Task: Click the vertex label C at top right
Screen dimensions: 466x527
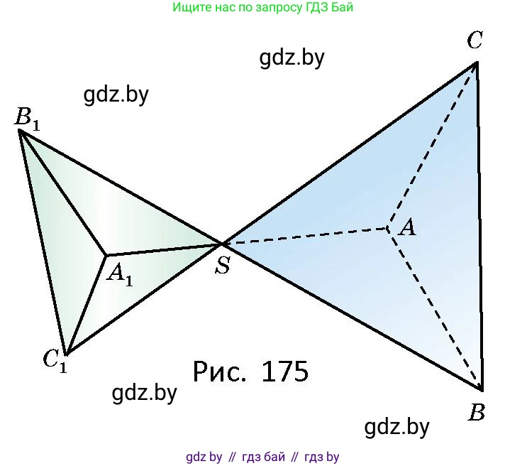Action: click(x=475, y=40)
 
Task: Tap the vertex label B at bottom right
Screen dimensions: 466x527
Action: click(x=477, y=412)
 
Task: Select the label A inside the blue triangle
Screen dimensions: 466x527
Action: click(x=406, y=227)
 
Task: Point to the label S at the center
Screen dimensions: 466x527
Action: click(x=223, y=266)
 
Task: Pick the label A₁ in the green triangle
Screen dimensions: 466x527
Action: click(x=119, y=273)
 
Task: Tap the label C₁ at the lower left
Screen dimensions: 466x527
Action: click(x=53, y=359)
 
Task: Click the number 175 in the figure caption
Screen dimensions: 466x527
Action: click(x=284, y=372)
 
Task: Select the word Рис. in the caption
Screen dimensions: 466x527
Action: click(x=219, y=372)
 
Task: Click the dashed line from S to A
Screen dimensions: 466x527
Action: click(x=305, y=237)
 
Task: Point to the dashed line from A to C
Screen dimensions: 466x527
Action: click(x=432, y=145)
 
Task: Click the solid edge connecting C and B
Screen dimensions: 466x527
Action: click(x=479, y=226)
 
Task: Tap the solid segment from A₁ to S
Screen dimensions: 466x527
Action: click(x=164, y=249)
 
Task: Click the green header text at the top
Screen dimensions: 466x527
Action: click(x=262, y=8)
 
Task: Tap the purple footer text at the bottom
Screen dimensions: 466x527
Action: click(x=262, y=457)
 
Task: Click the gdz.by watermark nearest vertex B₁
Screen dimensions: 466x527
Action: click(x=116, y=94)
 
